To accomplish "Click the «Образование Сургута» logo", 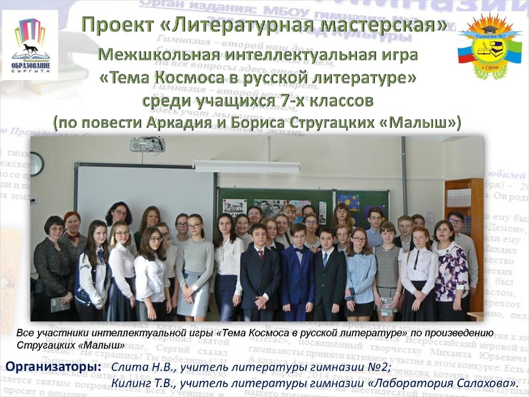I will tap(30, 46).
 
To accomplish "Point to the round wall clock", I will tap(36, 163).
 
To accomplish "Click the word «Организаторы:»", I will tap(53, 366).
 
